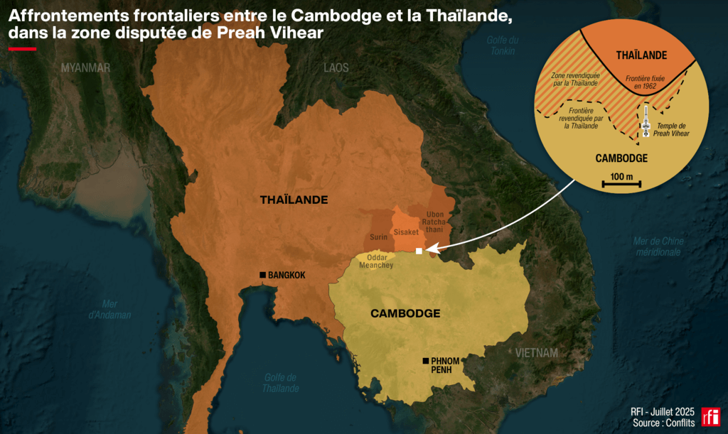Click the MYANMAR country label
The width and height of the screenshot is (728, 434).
click(x=85, y=67)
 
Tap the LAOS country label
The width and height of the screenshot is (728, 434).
click(x=336, y=67)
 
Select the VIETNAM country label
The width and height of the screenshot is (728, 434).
click(x=537, y=353)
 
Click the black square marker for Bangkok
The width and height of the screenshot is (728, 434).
click(x=262, y=275)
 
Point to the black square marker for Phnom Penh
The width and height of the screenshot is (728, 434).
click(x=425, y=360)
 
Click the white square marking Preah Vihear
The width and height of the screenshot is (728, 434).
click(x=419, y=251)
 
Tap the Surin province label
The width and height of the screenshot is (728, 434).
click(x=378, y=237)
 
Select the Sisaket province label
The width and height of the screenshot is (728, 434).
click(x=406, y=232)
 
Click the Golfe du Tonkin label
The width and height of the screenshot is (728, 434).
click(x=502, y=45)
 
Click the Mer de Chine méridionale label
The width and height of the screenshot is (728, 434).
click(x=658, y=246)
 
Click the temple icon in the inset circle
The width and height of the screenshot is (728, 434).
click(x=646, y=121)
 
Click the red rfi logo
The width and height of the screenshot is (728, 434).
click(x=710, y=417)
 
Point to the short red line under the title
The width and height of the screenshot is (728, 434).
click(x=22, y=49)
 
